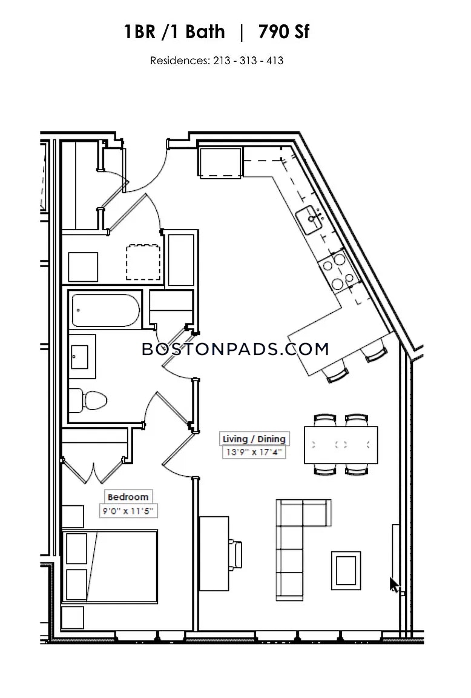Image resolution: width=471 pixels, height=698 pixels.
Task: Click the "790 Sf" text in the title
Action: pos(283,32)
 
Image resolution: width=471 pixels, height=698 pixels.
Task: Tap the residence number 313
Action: pos(248,61)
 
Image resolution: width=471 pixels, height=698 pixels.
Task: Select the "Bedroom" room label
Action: pos(128,497)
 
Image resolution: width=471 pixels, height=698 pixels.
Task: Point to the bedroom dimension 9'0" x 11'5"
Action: pos(128,511)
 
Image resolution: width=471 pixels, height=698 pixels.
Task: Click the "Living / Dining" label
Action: pos(254,439)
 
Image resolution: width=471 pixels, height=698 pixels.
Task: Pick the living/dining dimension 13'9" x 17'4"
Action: pos(254,452)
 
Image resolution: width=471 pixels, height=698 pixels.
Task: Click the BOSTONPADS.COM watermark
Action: pos(236,349)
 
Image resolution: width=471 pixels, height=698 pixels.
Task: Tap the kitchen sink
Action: pos(309,219)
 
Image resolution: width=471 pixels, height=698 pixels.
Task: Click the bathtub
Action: pos(105,310)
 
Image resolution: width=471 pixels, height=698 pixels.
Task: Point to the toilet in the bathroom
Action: pos(88,400)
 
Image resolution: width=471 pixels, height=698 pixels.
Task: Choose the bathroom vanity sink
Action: pos(82,356)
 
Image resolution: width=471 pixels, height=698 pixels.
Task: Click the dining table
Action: pos(341,445)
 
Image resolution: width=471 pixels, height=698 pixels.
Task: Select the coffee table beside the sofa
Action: pos(346,570)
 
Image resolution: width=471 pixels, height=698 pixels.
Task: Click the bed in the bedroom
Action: pos(110,567)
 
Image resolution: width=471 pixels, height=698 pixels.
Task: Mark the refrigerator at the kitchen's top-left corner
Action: pos(220,163)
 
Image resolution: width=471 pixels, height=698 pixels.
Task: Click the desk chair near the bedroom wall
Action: pos(236,554)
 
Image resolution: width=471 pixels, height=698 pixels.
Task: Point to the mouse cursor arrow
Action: pos(395,585)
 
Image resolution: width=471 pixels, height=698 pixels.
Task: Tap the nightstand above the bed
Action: pos(73,516)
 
